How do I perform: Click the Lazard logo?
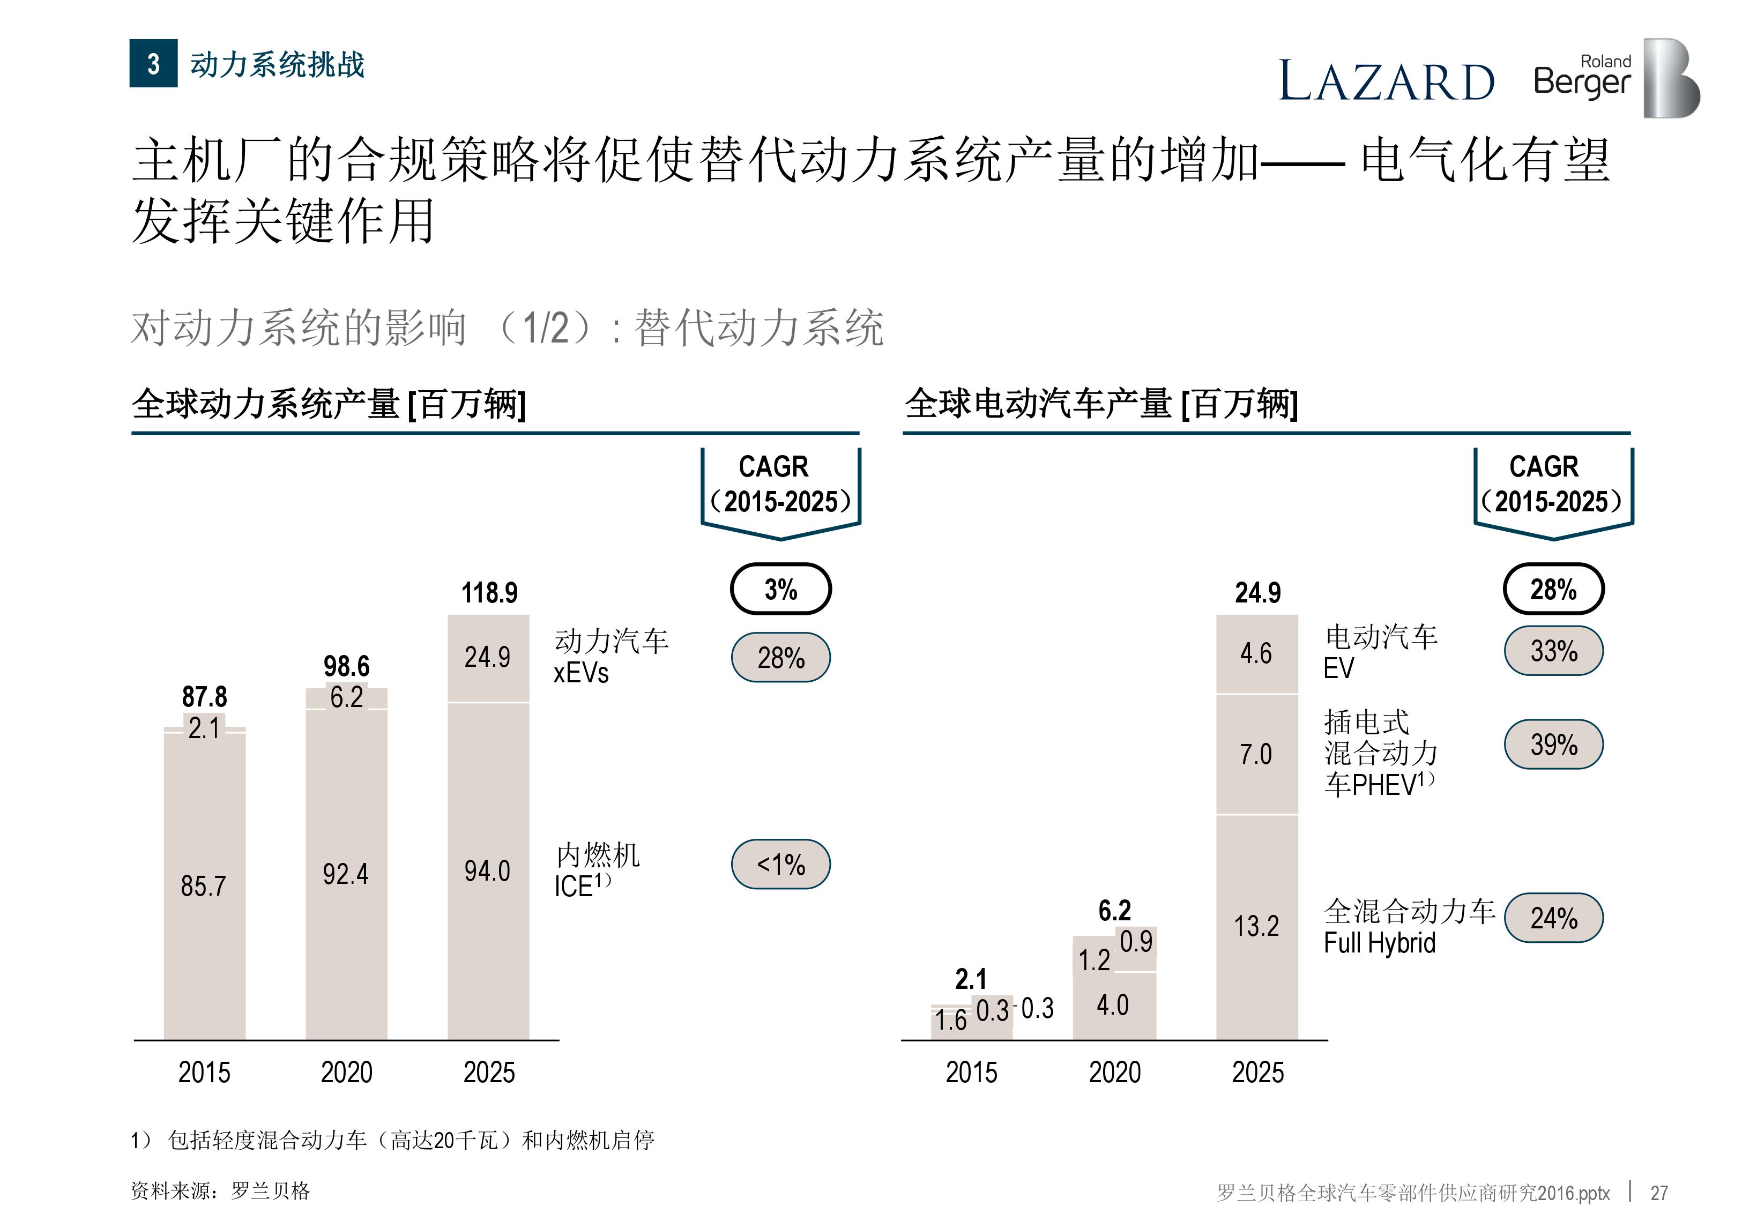pyautogui.click(x=1386, y=81)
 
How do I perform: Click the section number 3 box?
pyautogui.click(x=153, y=63)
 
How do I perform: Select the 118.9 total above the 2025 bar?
pyautogui.click(x=489, y=592)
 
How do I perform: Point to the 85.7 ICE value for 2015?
pyautogui.click(x=203, y=885)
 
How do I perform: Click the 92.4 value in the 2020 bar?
pyautogui.click(x=345, y=874)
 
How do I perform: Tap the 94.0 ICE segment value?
pyautogui.click(x=487, y=871)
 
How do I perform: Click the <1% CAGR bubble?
pyautogui.click(x=780, y=863)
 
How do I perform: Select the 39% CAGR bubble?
pyautogui.click(x=1553, y=745)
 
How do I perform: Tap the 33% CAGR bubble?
pyautogui.click(x=1553, y=651)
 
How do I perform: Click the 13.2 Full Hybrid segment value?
pyautogui.click(x=1256, y=926)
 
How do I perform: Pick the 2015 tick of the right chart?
pyautogui.click(x=971, y=1072)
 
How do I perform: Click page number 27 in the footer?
pyautogui.click(x=1659, y=1193)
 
